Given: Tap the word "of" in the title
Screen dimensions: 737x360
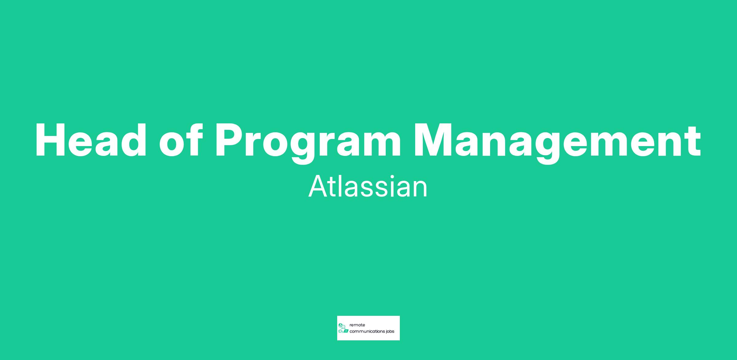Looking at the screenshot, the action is click(181, 140).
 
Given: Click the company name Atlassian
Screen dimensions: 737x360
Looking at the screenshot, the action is click(368, 187).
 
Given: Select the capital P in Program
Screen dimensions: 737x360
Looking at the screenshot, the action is click(230, 141).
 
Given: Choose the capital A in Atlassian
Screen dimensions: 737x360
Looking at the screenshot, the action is click(318, 187).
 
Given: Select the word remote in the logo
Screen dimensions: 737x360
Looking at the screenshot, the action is click(357, 325).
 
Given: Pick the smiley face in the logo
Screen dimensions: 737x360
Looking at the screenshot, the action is click(344, 327).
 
